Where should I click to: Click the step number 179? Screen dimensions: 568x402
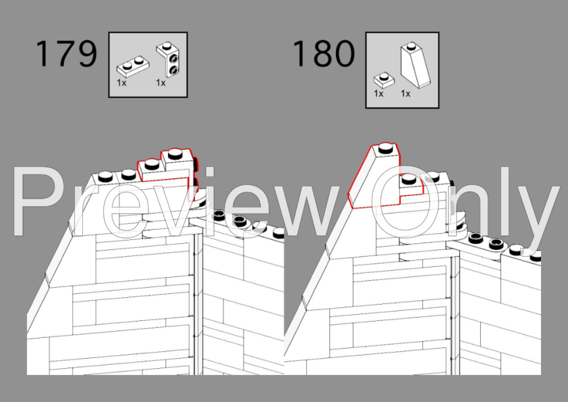[66, 53]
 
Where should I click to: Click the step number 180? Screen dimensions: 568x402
[324, 53]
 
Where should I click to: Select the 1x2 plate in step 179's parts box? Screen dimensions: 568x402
[133, 66]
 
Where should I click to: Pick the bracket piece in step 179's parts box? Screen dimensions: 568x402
[168, 60]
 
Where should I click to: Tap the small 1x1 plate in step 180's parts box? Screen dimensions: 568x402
[384, 80]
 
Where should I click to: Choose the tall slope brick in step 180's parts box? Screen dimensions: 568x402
[416, 66]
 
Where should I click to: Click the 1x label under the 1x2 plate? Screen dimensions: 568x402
[121, 83]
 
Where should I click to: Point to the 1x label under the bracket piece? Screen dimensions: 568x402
[161, 83]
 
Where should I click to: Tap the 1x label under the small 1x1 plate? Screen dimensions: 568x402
[378, 94]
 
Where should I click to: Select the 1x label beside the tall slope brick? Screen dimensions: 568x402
[405, 94]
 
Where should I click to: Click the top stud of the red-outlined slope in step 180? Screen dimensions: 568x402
[385, 148]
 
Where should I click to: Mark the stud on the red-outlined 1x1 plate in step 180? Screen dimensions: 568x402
[409, 178]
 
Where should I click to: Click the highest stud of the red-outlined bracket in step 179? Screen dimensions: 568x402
[175, 154]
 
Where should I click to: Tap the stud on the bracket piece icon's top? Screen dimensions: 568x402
[166, 46]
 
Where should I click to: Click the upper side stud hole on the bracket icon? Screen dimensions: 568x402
[174, 58]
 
